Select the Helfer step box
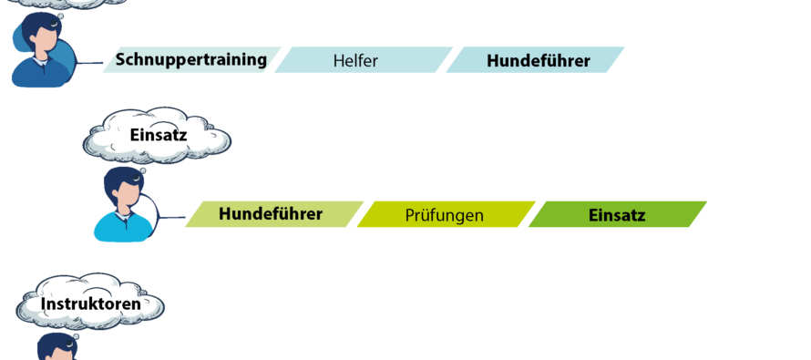click(363, 61)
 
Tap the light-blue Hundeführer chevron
click(537, 61)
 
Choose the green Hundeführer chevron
click(272, 214)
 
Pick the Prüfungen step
click(444, 215)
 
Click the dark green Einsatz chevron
click(617, 215)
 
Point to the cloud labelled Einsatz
click(158, 136)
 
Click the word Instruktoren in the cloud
click(91, 303)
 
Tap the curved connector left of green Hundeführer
click(155, 211)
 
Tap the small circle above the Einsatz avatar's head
click(142, 170)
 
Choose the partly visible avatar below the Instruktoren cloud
click(56, 348)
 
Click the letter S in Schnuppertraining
click(119, 60)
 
